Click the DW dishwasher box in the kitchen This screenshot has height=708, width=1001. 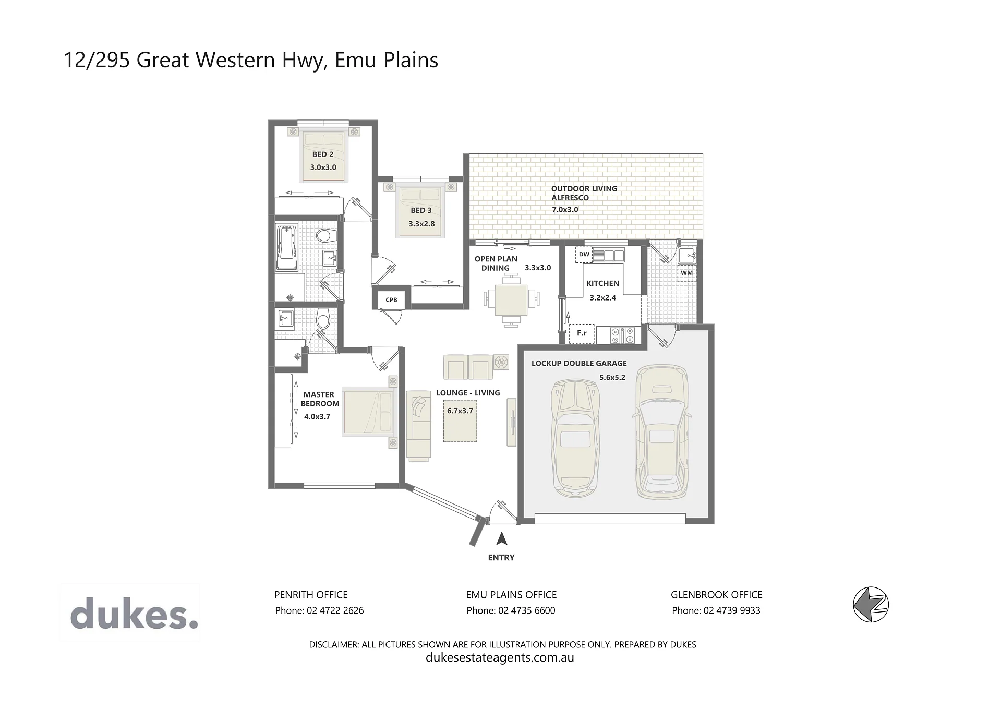coord(584,255)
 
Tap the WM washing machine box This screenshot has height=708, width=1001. coord(687,273)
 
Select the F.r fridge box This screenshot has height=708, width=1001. coord(582,333)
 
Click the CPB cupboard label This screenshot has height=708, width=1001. coord(391,300)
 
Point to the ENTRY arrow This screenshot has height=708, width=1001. coord(502,538)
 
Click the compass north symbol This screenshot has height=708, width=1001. coord(871,605)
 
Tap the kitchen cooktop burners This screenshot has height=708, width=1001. coord(622,335)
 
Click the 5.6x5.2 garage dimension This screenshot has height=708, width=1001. coord(612,377)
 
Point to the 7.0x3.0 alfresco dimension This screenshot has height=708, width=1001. coord(565,210)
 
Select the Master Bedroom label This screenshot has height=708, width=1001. coord(320,399)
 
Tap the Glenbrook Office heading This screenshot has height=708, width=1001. coord(716,595)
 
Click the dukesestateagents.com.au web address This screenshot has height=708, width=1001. coord(500,657)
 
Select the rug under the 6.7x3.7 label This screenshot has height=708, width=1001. coord(460,421)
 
